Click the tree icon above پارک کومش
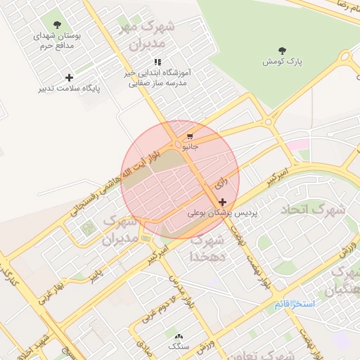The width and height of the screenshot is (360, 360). point(283,51)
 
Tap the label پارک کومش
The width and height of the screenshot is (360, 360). point(283,62)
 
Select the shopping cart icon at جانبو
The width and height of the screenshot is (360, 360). point(191,136)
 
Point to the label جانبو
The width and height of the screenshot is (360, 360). point(191,147)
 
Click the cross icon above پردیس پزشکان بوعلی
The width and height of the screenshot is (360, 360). point(223,202)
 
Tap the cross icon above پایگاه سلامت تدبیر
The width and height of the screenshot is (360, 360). point(69,77)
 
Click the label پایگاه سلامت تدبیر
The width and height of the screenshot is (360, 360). point(69,89)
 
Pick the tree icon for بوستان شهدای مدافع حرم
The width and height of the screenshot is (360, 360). point(57,25)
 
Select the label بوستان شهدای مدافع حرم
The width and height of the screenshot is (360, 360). point(57,40)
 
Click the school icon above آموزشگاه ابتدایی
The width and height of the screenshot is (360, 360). point(159,62)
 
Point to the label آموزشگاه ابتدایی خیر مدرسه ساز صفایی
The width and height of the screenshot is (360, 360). point(159,77)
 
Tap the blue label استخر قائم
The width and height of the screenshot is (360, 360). point(295,305)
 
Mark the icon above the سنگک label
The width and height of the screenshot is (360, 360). point(179,337)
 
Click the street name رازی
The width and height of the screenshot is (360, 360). point(219,184)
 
